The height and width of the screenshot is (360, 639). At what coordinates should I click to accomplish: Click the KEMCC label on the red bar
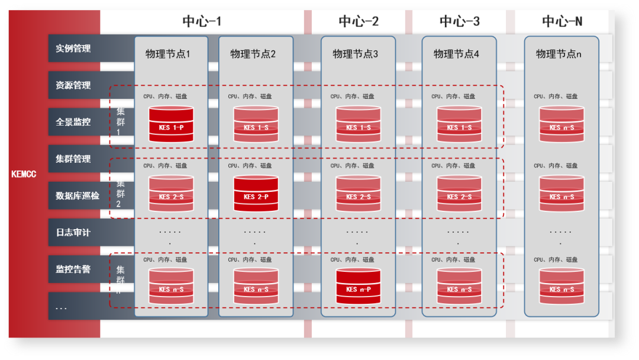tap(24, 175)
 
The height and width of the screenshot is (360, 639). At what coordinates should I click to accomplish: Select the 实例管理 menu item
tap(73, 49)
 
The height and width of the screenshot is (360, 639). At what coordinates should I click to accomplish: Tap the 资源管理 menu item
tap(73, 85)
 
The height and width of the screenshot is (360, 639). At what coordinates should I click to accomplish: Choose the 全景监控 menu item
tap(73, 122)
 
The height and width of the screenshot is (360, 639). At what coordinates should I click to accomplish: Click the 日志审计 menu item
tap(73, 233)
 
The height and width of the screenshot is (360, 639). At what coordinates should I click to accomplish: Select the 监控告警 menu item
tap(73, 269)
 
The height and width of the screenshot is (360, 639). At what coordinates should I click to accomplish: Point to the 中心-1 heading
tap(202, 22)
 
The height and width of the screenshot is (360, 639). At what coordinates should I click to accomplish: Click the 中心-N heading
tap(562, 22)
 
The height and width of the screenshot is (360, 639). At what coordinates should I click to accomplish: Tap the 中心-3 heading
tap(460, 22)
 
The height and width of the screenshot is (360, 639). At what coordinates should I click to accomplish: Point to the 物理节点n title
tap(559, 54)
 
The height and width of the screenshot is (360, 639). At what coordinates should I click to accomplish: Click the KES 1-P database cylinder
tap(171, 124)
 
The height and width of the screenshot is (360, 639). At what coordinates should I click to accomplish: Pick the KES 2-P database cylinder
tap(256, 194)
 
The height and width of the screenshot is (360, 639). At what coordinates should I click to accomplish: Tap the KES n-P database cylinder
tap(358, 287)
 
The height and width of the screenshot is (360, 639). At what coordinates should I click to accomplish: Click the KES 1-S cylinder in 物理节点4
tap(459, 124)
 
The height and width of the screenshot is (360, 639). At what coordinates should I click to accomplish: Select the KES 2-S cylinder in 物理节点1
tap(171, 194)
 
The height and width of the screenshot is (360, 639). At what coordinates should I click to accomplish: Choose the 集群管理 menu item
tap(73, 159)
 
